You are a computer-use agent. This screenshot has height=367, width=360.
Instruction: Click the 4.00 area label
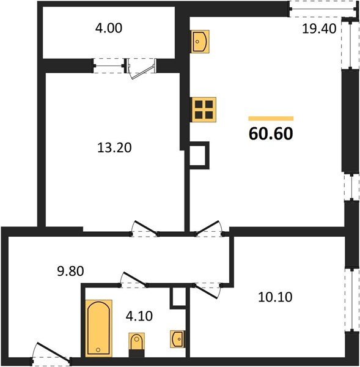(x=107, y=29)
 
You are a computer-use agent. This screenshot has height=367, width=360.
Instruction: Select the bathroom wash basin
(x=177, y=338)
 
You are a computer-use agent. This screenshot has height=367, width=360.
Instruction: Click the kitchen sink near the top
(x=201, y=41)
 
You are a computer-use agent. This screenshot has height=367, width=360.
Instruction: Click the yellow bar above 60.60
(x=271, y=118)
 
